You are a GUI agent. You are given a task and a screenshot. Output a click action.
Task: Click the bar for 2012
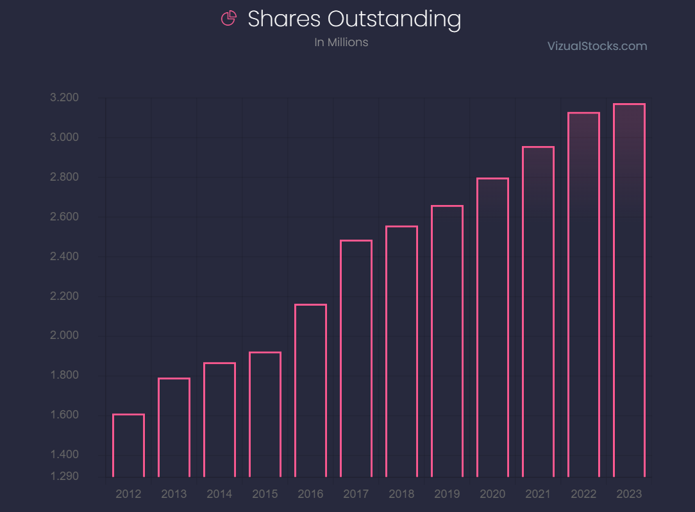(x=128, y=445)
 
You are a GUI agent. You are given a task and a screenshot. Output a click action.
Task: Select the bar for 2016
(x=310, y=390)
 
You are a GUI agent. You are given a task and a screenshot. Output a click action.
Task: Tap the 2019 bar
(x=447, y=341)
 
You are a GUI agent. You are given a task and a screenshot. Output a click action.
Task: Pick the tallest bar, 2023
(x=629, y=290)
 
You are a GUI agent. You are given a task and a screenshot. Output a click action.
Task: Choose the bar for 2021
(x=538, y=311)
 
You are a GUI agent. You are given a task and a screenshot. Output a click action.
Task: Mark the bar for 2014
(x=219, y=420)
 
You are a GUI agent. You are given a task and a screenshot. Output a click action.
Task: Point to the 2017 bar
(x=356, y=358)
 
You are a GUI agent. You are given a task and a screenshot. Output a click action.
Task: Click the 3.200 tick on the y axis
(x=64, y=98)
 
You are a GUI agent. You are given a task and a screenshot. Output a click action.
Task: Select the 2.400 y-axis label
(x=64, y=257)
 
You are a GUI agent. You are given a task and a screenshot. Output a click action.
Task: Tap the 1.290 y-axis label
(x=64, y=477)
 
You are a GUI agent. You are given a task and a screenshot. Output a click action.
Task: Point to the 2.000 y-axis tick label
(x=64, y=336)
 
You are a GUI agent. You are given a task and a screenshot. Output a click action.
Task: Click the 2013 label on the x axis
(x=174, y=494)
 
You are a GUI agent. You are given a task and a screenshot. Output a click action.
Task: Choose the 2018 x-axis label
(x=401, y=494)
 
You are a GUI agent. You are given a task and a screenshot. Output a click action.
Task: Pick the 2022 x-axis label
(x=583, y=494)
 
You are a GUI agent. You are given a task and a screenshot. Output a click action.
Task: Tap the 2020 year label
(x=492, y=494)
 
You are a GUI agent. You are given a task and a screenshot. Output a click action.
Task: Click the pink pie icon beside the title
(x=228, y=19)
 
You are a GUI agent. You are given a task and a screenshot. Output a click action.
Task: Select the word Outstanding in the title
(x=394, y=19)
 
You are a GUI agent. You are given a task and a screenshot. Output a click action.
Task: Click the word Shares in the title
(x=285, y=19)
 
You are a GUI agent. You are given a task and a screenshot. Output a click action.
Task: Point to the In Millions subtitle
(x=341, y=42)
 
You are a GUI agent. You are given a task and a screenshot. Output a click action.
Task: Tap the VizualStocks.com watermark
(x=597, y=46)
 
